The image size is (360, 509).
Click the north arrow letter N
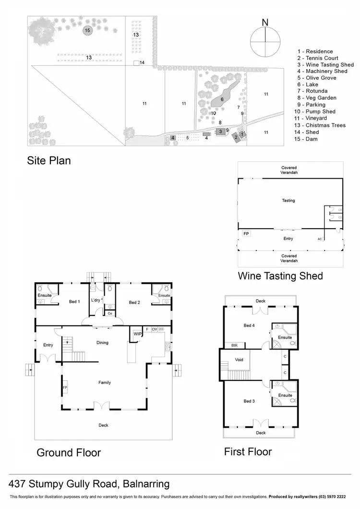tap(265, 22)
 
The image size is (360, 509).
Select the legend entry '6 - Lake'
tap(312, 85)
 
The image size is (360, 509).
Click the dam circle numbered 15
tap(87, 30)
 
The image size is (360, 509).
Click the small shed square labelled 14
tap(136, 62)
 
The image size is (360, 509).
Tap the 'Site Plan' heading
tap(48, 160)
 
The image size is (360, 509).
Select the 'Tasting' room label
tap(288, 200)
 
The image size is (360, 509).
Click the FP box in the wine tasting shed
tap(246, 234)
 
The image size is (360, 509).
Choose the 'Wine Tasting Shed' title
tap(280, 276)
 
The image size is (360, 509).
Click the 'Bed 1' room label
tap(74, 302)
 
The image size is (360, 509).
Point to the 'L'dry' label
tap(95, 300)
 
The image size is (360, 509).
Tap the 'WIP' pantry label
tap(137, 333)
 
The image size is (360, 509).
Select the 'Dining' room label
tap(102, 342)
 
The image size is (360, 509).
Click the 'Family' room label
tap(105, 382)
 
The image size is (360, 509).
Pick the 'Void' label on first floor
tap(240, 359)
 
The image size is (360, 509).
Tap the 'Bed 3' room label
tap(249, 400)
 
